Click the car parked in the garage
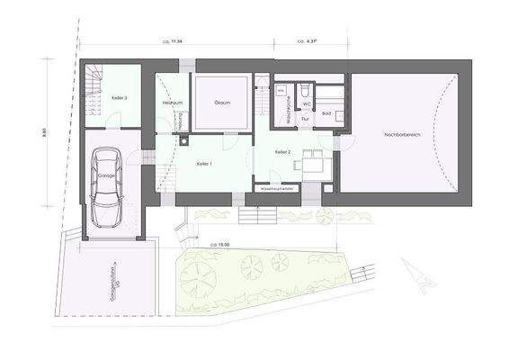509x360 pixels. click(108, 189)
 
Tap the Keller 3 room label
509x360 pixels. click(119, 96)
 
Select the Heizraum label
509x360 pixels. click(173, 103)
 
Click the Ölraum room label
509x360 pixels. click(222, 103)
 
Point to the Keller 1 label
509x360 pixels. click(203, 163)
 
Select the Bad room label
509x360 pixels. click(327, 113)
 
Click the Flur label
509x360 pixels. click(306, 118)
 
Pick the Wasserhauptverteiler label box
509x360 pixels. click(278, 190)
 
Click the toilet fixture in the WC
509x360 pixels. click(307, 91)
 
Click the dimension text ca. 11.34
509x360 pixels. click(173, 41)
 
